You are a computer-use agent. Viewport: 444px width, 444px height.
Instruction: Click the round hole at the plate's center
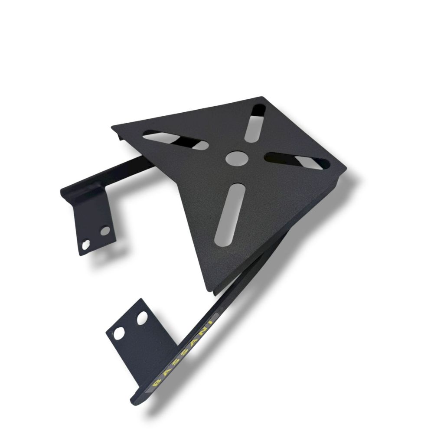237,158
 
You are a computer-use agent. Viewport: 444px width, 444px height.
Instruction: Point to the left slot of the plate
176,140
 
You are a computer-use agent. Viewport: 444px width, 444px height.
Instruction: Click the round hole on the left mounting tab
105,231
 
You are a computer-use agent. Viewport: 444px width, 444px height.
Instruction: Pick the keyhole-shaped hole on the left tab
85,245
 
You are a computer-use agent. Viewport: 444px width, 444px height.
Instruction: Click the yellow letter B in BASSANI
157,384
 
